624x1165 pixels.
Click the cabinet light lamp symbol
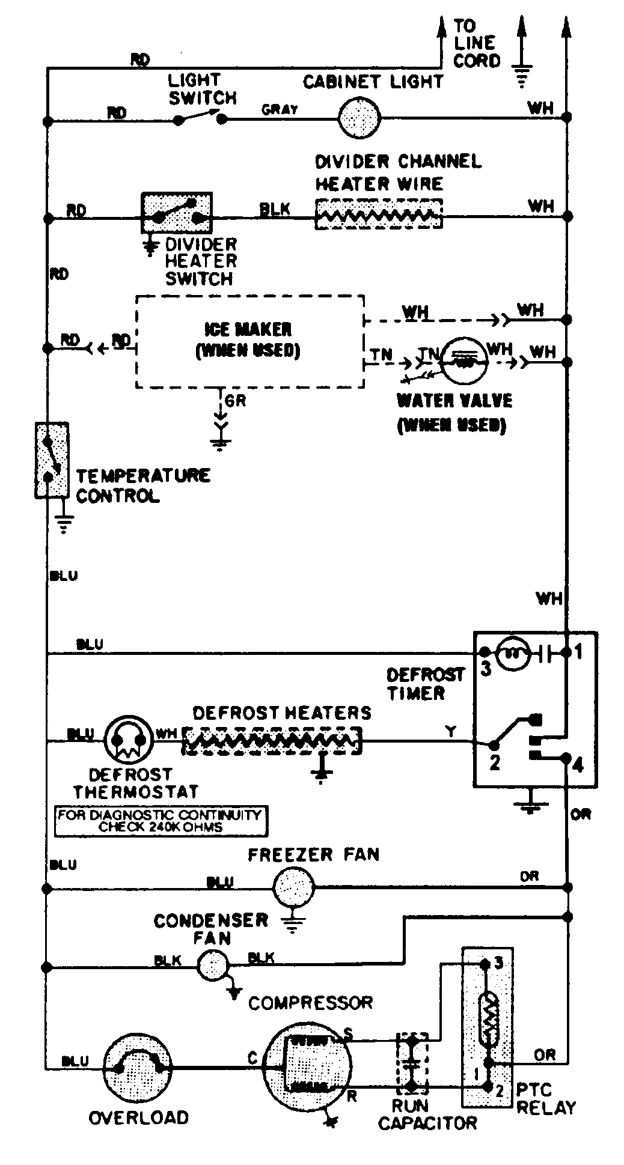pyautogui.click(x=359, y=118)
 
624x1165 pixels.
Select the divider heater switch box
pyautogui.click(x=176, y=213)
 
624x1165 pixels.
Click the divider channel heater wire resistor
pyautogui.click(x=379, y=213)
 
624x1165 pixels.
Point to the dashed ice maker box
pyautogui.click(x=249, y=341)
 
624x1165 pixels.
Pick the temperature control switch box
pyautogui.click(x=51, y=460)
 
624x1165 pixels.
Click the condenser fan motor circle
pyautogui.click(x=213, y=965)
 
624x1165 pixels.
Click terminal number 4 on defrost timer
pyautogui.click(x=577, y=765)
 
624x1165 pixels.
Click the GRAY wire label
pyautogui.click(x=280, y=109)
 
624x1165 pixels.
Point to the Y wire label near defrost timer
pyautogui.click(x=451, y=731)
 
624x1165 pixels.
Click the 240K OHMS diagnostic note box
pyautogui.click(x=161, y=821)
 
